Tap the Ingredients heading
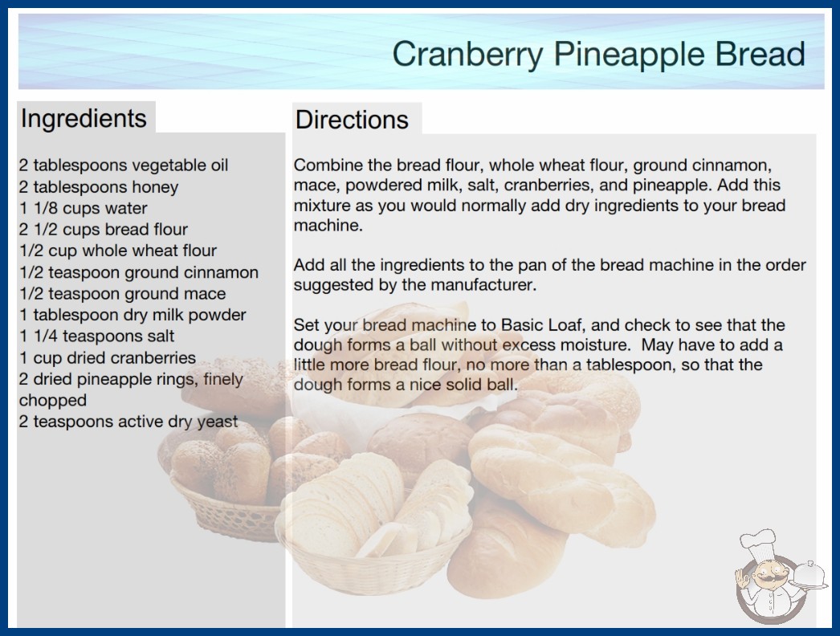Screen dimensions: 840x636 (x=84, y=119)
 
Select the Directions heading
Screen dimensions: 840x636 (x=352, y=120)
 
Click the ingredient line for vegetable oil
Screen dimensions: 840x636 (x=123, y=165)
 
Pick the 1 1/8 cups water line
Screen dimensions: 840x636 (x=83, y=208)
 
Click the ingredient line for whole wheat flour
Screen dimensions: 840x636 (x=118, y=251)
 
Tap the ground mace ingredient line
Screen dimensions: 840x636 (x=122, y=294)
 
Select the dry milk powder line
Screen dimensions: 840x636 (x=133, y=315)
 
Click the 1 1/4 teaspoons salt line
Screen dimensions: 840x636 (x=96, y=336)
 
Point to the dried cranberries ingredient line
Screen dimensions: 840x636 (x=107, y=357)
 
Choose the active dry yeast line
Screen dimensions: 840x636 (x=128, y=422)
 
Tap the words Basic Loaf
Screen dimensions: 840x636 (x=543, y=324)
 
